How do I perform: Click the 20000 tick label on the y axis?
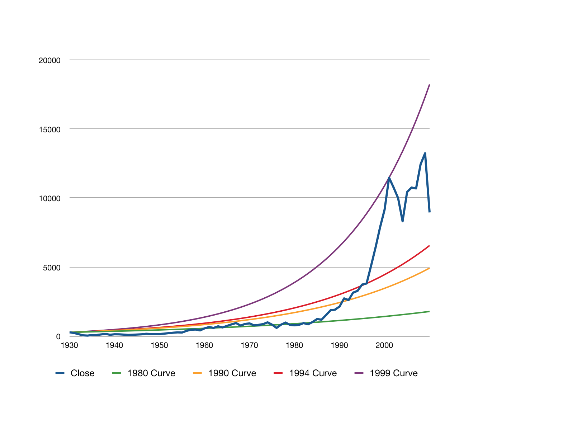(x=49, y=61)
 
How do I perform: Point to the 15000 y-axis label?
(x=49, y=129)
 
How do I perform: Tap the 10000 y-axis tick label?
(x=49, y=198)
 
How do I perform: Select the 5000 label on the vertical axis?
(x=51, y=268)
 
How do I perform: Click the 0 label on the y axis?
(x=58, y=337)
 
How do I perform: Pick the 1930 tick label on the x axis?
(x=70, y=345)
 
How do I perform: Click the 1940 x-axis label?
(x=114, y=345)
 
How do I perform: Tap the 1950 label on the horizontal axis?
(x=160, y=345)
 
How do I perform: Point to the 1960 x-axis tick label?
(x=204, y=345)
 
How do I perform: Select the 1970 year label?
(x=249, y=345)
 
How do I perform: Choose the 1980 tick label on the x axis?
(x=294, y=345)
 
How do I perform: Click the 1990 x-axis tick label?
(x=339, y=345)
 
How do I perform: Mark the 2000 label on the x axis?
(x=384, y=345)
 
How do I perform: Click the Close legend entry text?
(x=82, y=373)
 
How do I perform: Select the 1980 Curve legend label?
(x=151, y=373)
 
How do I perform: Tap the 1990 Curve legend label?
(x=232, y=373)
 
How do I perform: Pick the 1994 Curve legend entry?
(x=313, y=373)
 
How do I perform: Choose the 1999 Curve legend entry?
(x=394, y=373)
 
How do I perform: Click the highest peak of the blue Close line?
(x=425, y=153)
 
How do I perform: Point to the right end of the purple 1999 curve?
(x=429, y=85)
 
